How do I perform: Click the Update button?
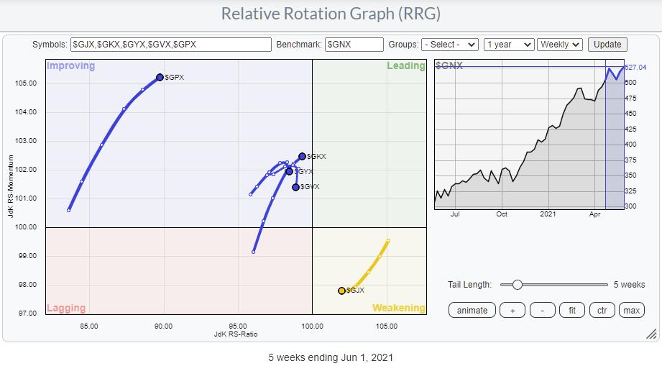[x=607, y=45]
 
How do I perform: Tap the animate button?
[x=472, y=311]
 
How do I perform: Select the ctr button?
[x=601, y=311]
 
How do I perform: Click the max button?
[x=632, y=311]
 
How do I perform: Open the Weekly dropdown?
[x=560, y=45]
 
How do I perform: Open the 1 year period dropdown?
[x=509, y=45]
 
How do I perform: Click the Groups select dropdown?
[x=449, y=45]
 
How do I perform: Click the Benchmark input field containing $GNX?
[x=354, y=45]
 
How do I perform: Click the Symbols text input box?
[x=171, y=45]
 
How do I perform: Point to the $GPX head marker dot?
[x=160, y=77]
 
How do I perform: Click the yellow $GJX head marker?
[x=341, y=290]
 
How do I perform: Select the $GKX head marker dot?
[x=302, y=156]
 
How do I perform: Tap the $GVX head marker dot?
[x=295, y=187]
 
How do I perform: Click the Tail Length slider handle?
[x=517, y=285]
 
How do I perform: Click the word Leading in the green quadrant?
[x=406, y=66]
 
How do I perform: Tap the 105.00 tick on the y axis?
[x=24, y=83]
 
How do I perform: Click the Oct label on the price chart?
[x=502, y=214]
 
